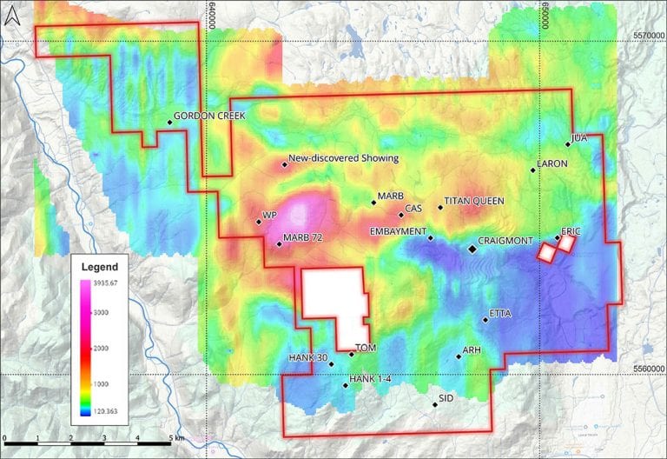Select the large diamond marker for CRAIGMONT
[x=472, y=249]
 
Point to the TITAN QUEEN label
[x=474, y=201]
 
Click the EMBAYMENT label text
[x=398, y=231]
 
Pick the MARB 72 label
[x=303, y=238]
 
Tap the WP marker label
[x=268, y=216]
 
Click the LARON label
[x=552, y=163]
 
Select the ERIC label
[x=571, y=231]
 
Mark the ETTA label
[x=500, y=313]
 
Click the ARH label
[x=472, y=349]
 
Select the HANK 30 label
[x=307, y=358]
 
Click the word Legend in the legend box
[x=99, y=266]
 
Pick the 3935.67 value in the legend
[x=109, y=283]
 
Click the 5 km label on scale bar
[x=175, y=439]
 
